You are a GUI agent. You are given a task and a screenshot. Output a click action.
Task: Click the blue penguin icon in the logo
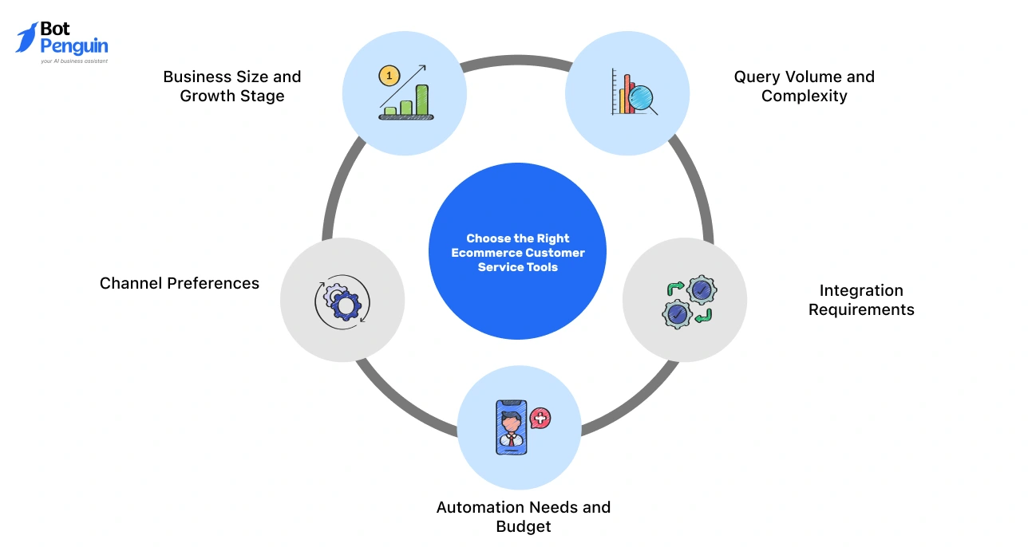click(x=26, y=37)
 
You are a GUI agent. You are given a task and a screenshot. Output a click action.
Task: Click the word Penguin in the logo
click(x=73, y=46)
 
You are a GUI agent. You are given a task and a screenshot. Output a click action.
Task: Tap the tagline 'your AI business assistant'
click(x=73, y=61)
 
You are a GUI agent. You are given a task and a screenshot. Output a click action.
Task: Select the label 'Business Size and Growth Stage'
click(x=231, y=86)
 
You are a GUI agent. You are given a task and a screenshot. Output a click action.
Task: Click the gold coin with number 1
click(x=389, y=77)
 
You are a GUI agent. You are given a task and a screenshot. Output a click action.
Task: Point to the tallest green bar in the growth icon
click(x=421, y=100)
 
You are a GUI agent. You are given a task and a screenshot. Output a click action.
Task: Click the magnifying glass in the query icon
click(x=641, y=98)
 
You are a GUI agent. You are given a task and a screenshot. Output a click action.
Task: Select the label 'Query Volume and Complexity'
click(x=804, y=86)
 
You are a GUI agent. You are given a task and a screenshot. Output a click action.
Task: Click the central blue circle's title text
click(x=517, y=253)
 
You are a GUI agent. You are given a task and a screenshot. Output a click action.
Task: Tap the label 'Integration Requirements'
click(x=860, y=300)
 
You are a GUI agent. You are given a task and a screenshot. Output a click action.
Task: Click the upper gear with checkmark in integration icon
click(x=702, y=289)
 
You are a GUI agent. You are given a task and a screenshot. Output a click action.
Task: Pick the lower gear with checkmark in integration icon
click(x=677, y=314)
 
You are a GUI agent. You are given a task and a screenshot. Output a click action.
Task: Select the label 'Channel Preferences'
click(x=180, y=283)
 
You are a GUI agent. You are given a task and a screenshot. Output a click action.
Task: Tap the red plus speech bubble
click(x=540, y=418)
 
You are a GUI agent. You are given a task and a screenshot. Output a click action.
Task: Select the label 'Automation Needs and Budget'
click(x=523, y=517)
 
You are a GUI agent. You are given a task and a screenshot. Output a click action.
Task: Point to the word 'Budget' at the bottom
click(x=523, y=526)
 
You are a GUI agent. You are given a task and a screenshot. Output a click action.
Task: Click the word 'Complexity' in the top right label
click(x=804, y=96)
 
